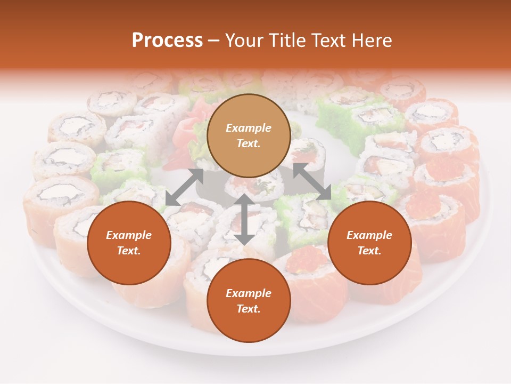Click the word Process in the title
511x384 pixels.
(167, 40)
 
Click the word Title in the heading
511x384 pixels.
(288, 40)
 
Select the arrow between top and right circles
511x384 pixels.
(312, 181)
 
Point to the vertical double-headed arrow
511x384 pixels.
(244, 219)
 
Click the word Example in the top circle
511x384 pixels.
(249, 128)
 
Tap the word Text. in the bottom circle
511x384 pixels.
(249, 309)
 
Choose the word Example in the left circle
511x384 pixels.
(129, 235)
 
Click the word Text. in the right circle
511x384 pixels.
(369, 251)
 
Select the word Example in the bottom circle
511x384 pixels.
(249, 293)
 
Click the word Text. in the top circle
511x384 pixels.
(249, 143)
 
